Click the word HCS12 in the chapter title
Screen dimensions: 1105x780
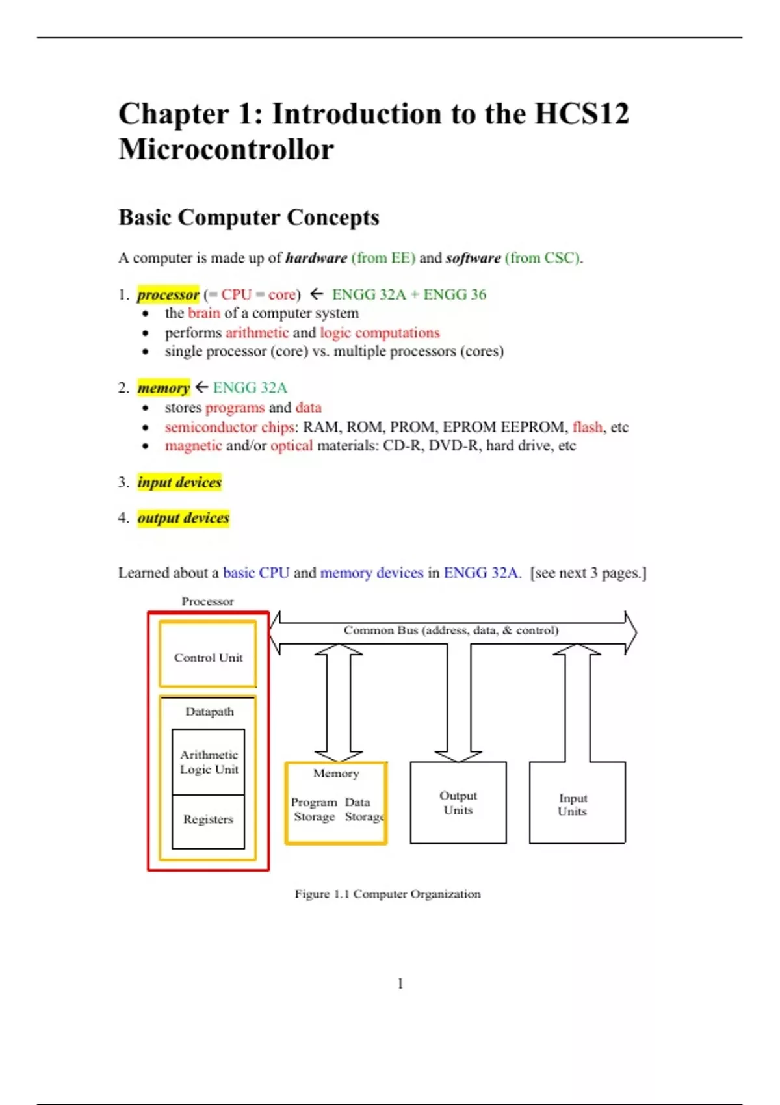(x=581, y=114)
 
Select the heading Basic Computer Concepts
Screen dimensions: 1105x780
(x=248, y=217)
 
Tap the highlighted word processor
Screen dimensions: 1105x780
(x=168, y=294)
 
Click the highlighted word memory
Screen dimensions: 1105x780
(x=163, y=388)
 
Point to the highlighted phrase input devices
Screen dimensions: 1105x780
(x=179, y=482)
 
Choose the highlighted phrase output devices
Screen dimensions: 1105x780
(x=183, y=518)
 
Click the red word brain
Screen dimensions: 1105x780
(x=204, y=313)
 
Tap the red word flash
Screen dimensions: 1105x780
(x=588, y=427)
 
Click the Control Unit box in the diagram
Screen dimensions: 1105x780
(x=208, y=657)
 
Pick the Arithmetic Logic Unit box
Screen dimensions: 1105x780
(x=209, y=762)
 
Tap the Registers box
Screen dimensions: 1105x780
(x=208, y=820)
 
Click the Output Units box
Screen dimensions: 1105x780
(x=458, y=803)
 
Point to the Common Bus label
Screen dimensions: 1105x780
(x=450, y=630)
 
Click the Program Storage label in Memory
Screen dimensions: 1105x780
(x=314, y=809)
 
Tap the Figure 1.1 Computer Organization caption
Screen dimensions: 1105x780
(x=387, y=894)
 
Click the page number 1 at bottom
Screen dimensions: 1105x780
(x=400, y=983)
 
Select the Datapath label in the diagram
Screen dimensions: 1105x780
(x=209, y=712)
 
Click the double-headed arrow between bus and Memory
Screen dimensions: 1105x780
(x=338, y=702)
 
